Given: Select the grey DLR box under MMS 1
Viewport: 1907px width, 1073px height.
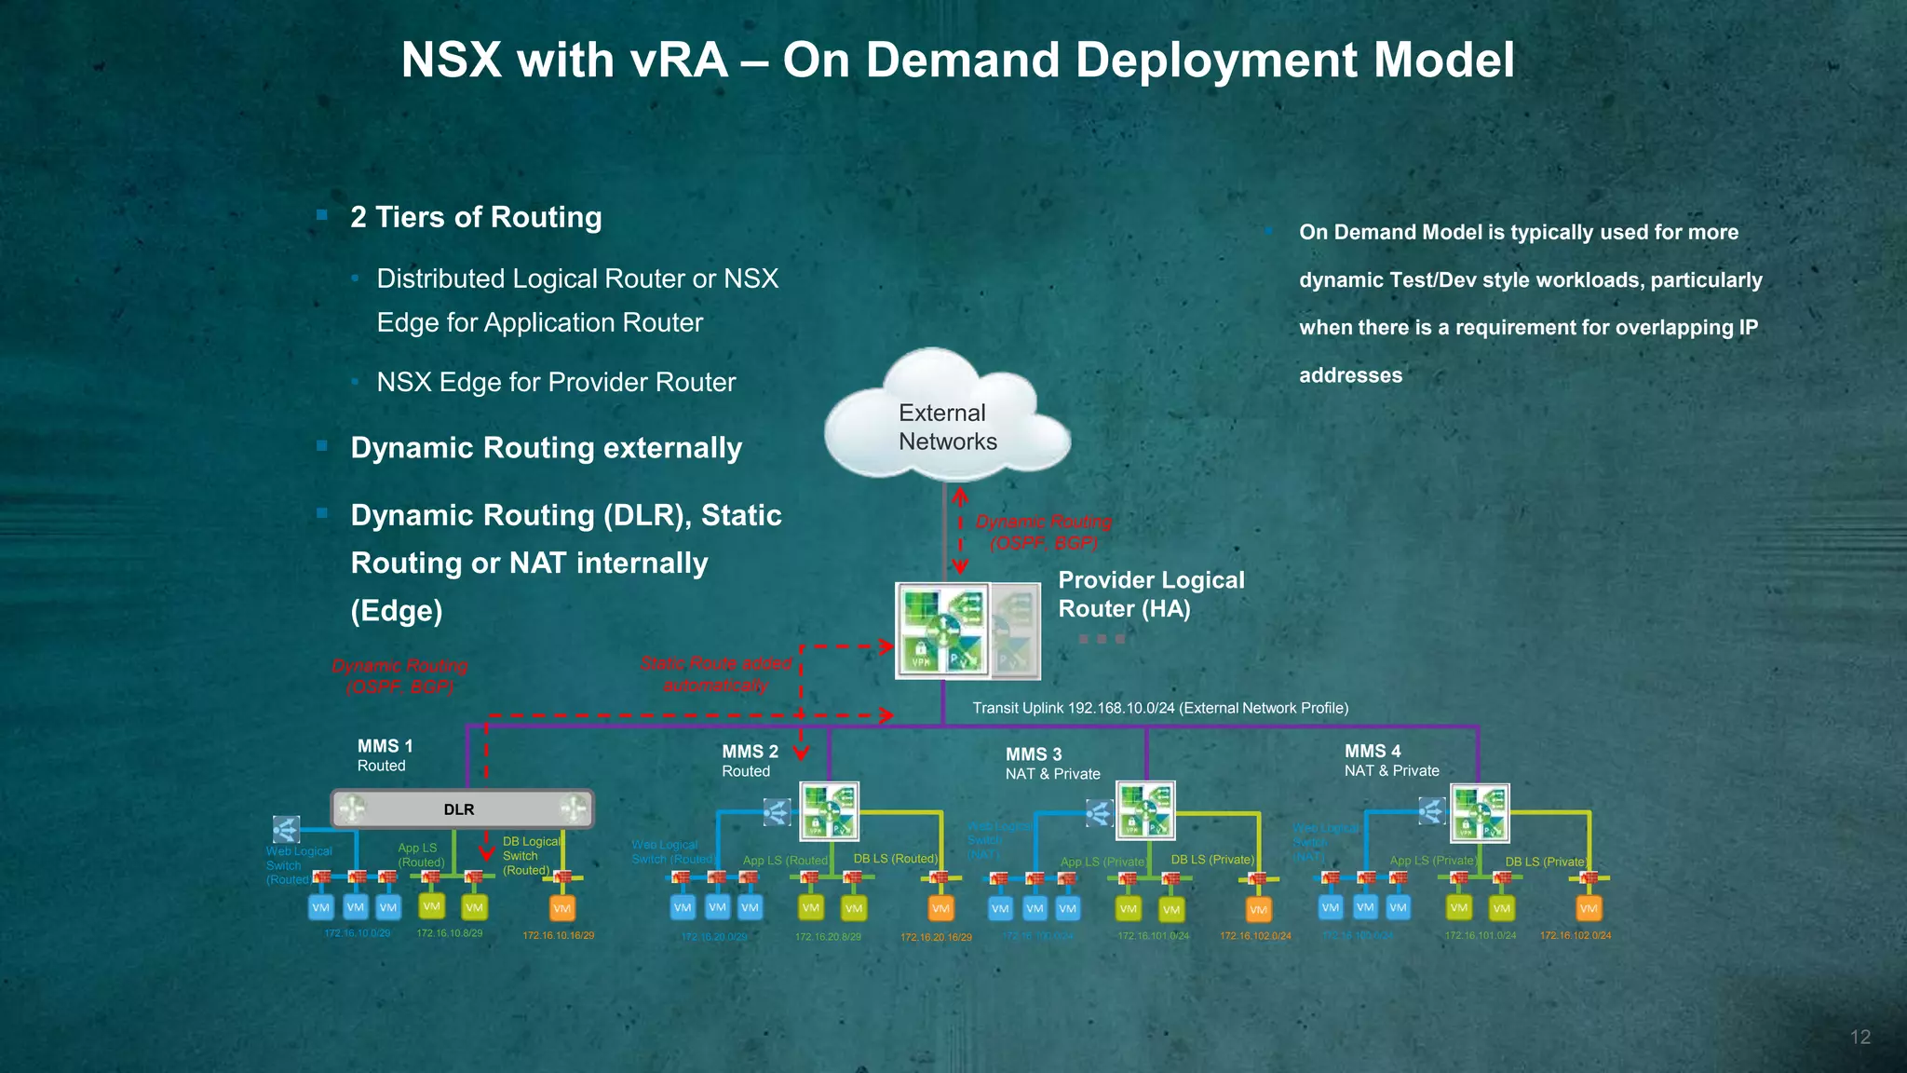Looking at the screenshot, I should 462,808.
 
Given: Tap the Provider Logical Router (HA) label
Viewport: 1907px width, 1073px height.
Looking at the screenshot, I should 1151,594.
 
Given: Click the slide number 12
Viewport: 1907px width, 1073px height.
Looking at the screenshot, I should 1860,1038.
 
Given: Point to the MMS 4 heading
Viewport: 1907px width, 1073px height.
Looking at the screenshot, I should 1373,751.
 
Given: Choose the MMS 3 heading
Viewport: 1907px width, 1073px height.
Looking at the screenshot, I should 1034,754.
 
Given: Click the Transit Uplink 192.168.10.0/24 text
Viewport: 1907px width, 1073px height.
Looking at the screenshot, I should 1160,708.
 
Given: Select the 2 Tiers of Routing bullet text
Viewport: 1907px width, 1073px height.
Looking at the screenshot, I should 476,217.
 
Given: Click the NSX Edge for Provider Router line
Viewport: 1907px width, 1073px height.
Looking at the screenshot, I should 556,382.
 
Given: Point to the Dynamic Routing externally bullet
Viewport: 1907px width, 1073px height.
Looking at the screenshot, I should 546,448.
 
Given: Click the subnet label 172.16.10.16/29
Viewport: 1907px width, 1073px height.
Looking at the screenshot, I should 559,935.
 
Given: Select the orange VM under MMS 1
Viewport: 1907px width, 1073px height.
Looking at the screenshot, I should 561,908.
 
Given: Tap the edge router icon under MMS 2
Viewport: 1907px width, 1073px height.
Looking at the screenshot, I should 829,810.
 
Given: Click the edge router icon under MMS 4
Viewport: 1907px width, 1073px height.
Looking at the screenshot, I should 1480,811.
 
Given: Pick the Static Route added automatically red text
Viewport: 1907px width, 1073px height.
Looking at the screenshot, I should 715,674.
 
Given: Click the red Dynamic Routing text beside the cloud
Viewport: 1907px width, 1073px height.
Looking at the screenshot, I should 1043,532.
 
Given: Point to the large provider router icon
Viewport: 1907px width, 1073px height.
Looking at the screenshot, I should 942,631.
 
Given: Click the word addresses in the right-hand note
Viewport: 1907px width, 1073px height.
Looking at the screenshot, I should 1350,375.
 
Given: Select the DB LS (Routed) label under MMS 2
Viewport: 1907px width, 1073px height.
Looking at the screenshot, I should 896,859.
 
